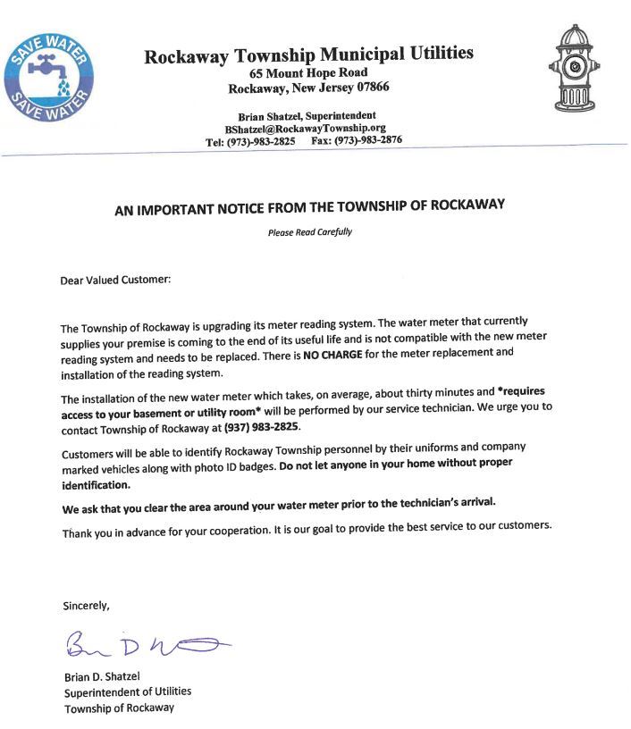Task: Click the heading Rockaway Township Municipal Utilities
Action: (x=308, y=54)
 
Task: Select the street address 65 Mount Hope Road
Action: (x=308, y=73)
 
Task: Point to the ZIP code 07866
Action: (x=368, y=88)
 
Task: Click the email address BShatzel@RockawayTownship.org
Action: (x=305, y=129)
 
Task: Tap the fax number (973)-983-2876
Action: (x=368, y=141)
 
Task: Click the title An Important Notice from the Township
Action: (x=309, y=205)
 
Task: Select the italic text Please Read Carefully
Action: (x=310, y=232)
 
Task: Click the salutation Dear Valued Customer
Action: (x=114, y=280)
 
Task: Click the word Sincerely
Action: (x=86, y=606)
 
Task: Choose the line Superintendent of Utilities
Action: (x=127, y=691)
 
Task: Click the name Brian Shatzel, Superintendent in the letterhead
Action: (x=307, y=116)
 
